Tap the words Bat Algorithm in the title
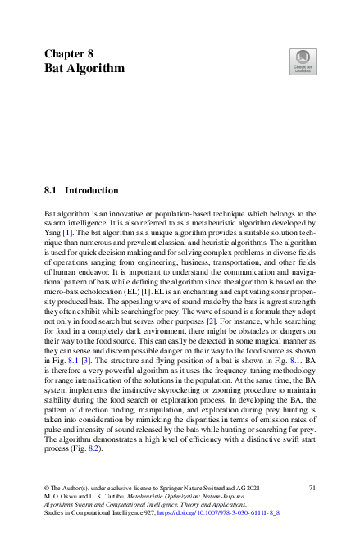tap(84, 68)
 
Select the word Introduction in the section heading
tap(91, 190)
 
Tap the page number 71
tap(312, 489)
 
